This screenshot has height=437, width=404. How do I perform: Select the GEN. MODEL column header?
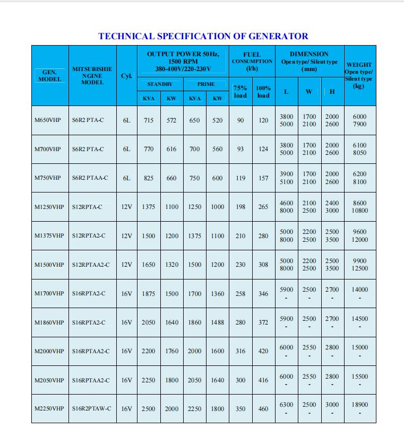[49, 75]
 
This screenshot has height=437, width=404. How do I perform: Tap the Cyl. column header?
[126, 76]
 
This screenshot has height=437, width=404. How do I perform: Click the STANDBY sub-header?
[160, 84]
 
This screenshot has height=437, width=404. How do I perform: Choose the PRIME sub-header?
[206, 84]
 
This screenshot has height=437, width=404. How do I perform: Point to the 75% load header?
[240, 92]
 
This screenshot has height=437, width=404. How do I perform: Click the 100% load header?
[263, 92]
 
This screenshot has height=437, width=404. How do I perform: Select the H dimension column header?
[332, 92]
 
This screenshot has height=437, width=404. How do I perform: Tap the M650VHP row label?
[47, 120]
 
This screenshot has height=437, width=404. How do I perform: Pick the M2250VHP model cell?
[49, 409]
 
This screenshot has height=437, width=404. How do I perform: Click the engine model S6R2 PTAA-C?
[90, 178]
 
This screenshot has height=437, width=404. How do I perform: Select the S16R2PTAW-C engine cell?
[92, 409]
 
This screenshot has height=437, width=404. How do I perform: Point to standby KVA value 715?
[149, 120]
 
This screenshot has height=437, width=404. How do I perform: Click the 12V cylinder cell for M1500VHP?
[126, 265]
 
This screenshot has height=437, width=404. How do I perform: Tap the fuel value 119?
[240, 178]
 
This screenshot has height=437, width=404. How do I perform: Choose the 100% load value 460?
[263, 409]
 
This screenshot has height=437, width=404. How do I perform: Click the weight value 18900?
[359, 405]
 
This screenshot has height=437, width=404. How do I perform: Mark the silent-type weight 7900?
[359, 125]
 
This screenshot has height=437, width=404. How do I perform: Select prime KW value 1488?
[218, 322]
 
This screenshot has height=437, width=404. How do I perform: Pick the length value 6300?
[286, 405]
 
